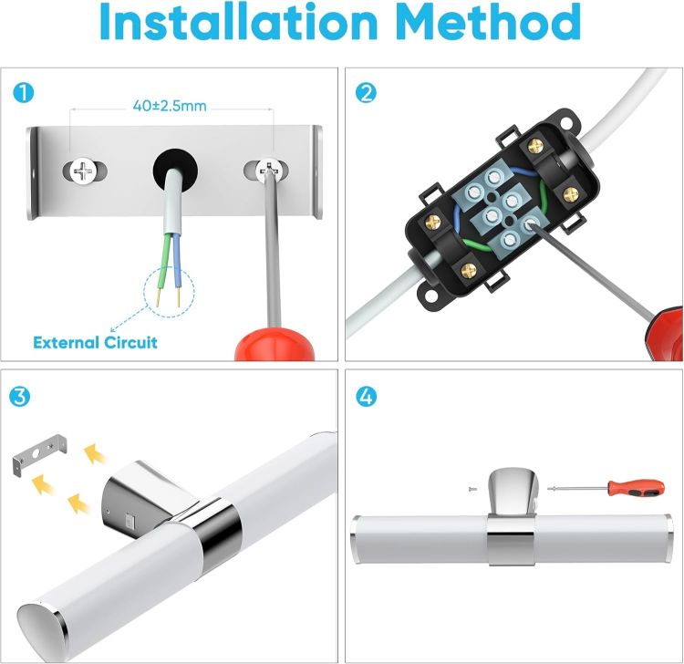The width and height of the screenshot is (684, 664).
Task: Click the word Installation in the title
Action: [239, 21]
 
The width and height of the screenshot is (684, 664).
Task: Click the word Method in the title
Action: [490, 21]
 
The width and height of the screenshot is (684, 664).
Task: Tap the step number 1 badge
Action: [23, 93]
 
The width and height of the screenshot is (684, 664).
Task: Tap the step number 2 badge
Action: [366, 93]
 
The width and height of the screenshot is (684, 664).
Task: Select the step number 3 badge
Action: [20, 397]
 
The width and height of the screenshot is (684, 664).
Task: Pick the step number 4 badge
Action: [366, 397]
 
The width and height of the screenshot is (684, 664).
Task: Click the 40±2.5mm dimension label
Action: [170, 106]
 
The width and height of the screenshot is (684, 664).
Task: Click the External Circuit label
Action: [95, 342]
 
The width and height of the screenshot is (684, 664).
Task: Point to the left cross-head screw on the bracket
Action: [83, 171]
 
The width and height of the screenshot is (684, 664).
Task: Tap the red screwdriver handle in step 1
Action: [275, 345]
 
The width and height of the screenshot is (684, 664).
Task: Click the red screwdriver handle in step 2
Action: [664, 334]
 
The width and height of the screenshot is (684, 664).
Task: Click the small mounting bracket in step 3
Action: [40, 453]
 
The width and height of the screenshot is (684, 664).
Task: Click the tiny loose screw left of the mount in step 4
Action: [472, 489]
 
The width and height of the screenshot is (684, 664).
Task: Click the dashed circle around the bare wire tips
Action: [169, 293]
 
